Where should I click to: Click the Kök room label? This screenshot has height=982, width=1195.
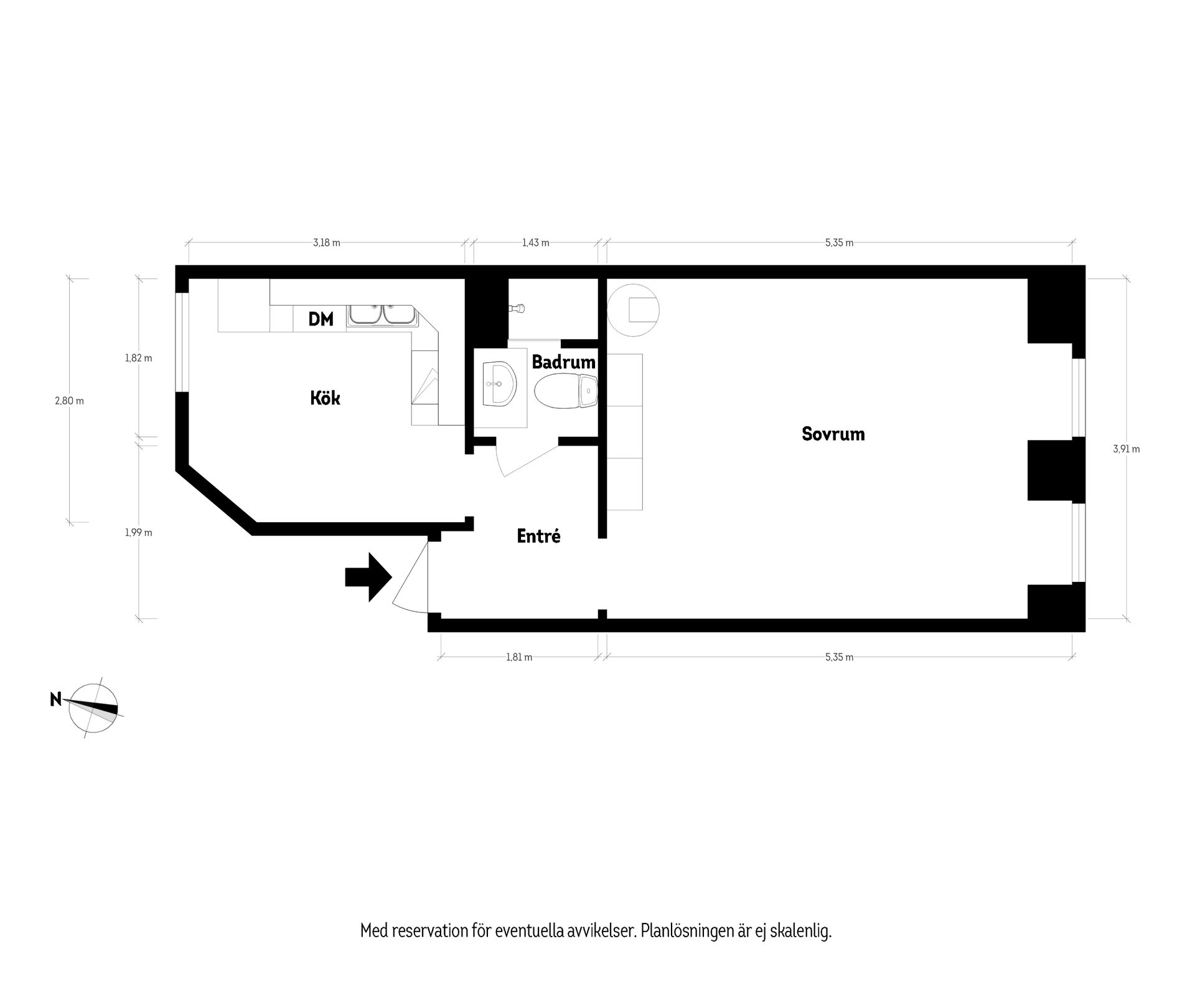(x=325, y=398)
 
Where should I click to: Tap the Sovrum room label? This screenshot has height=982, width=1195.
(x=833, y=434)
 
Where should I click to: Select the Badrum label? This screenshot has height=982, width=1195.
(x=563, y=362)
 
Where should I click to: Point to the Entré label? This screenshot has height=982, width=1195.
(x=538, y=536)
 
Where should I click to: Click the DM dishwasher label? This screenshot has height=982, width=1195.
(x=321, y=319)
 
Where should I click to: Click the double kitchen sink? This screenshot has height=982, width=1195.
(x=382, y=315)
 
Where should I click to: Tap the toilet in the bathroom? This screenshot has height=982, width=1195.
(x=565, y=391)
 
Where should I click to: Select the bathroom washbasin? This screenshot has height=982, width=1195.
(x=499, y=384)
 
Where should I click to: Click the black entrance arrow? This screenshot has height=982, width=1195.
(x=368, y=577)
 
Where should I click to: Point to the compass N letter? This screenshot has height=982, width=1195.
(x=55, y=699)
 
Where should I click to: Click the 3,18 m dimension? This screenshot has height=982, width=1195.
(x=326, y=243)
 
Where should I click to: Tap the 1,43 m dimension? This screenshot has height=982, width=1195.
(x=535, y=243)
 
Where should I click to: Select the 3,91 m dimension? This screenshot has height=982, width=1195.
(x=1126, y=449)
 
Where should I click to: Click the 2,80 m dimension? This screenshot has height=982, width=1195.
(x=69, y=401)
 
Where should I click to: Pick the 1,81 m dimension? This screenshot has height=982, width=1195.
(x=518, y=657)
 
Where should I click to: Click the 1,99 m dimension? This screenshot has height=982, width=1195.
(x=138, y=532)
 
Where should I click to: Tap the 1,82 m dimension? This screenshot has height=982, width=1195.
(x=138, y=358)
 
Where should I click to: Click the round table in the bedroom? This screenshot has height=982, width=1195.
(x=632, y=309)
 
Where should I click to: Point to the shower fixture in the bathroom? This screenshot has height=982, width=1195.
(x=517, y=308)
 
